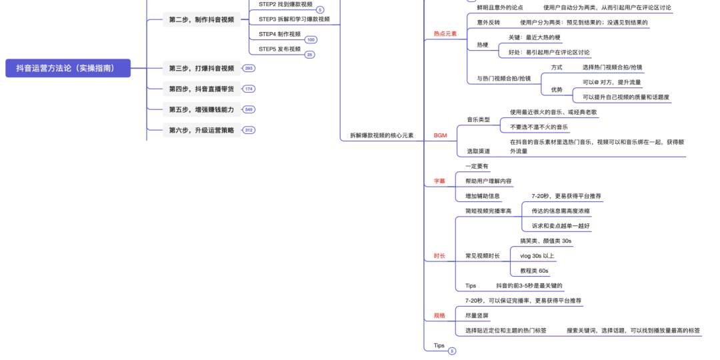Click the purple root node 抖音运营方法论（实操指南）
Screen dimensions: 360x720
68,68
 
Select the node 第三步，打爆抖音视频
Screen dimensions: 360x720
201,68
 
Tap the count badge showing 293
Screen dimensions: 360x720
249,68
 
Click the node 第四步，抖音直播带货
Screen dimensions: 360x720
201,89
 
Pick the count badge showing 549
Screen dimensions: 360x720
249,109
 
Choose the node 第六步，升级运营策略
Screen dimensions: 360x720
201,130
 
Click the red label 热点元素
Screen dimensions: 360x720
445,33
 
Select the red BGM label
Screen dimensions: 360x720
440,135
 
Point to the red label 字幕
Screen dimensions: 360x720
439,181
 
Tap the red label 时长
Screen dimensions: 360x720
439,255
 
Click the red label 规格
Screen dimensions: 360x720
439,315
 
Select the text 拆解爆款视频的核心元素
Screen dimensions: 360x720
381,135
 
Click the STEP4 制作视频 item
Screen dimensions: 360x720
280,34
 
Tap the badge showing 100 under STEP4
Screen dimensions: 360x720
311,40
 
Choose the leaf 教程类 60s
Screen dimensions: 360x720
534,271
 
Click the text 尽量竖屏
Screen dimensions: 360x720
477,315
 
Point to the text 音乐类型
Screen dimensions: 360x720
478,119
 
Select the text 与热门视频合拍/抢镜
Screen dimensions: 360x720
504,79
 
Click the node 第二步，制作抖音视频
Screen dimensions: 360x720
201,19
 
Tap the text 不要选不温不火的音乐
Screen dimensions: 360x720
539,127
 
